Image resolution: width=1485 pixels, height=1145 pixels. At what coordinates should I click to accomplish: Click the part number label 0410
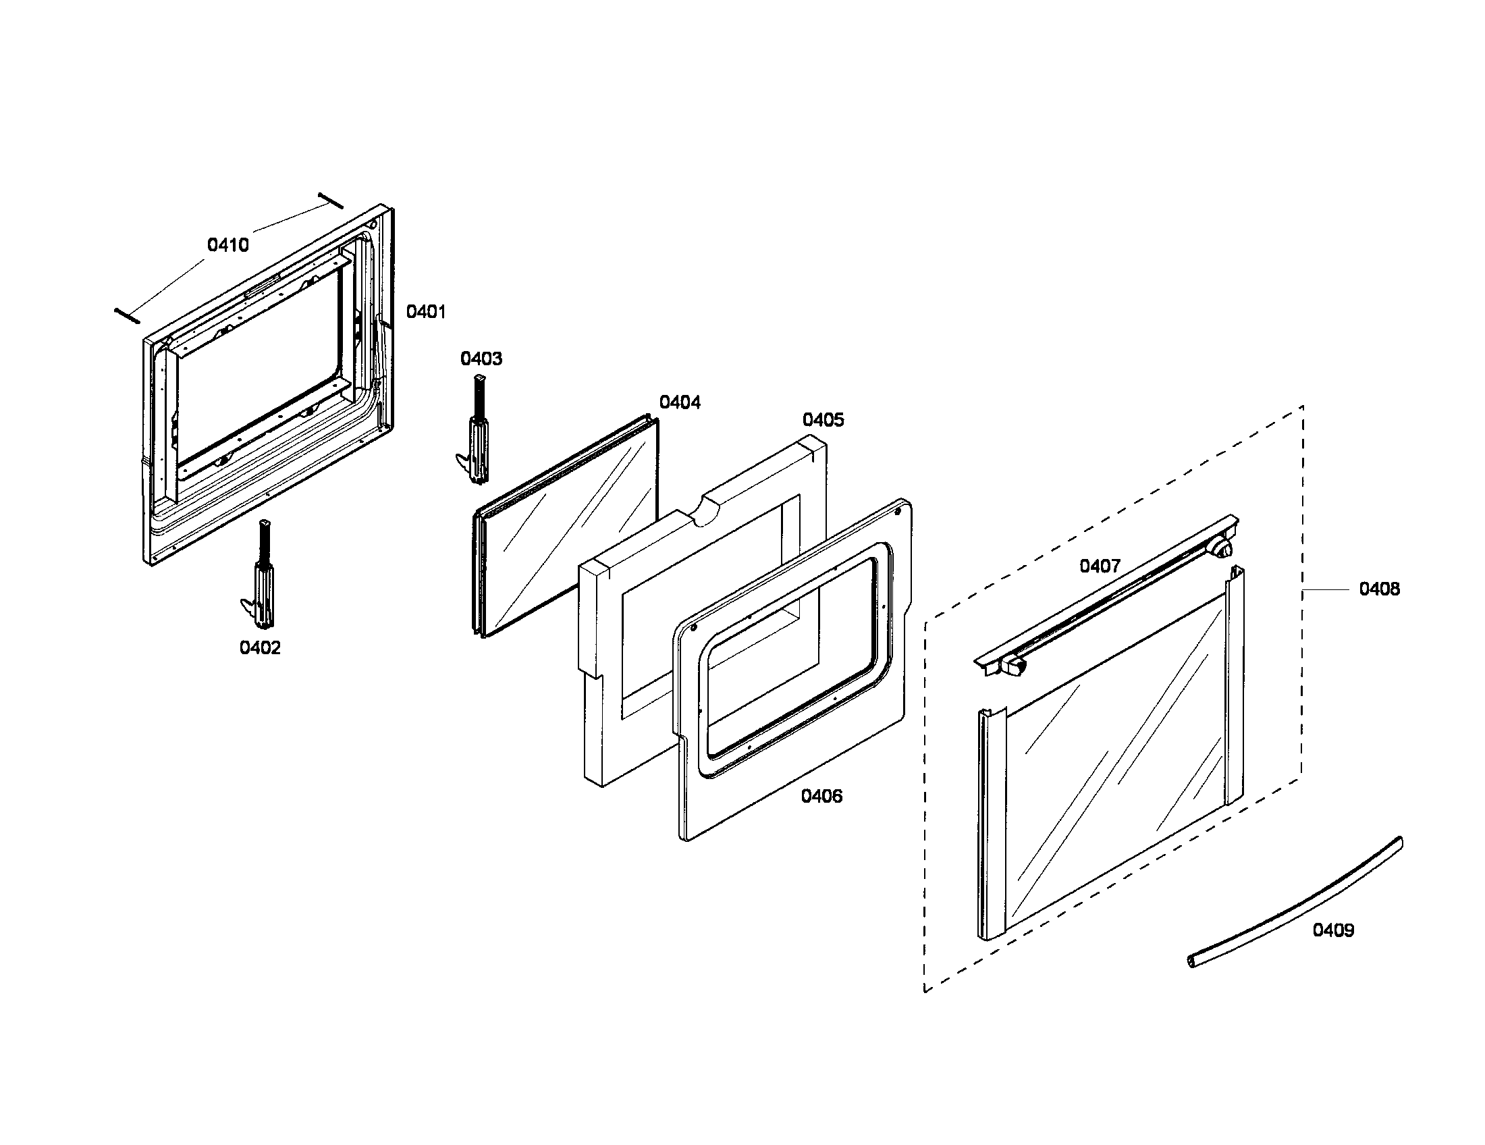(227, 246)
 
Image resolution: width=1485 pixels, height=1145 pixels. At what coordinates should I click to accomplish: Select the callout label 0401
(426, 312)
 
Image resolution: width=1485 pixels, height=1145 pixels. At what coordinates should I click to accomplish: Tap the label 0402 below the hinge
(260, 648)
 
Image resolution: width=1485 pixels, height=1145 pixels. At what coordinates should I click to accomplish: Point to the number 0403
(481, 359)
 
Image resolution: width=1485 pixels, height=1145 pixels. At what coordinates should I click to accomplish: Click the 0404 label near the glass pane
(680, 402)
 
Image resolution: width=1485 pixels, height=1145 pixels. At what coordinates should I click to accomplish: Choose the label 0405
(823, 420)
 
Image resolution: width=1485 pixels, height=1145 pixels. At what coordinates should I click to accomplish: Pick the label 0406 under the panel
(821, 796)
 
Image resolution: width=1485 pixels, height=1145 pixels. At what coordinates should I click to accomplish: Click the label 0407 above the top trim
(1100, 566)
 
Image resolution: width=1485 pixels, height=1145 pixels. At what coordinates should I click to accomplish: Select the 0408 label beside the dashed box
(1379, 589)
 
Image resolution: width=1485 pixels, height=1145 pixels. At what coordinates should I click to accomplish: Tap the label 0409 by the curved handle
(1332, 930)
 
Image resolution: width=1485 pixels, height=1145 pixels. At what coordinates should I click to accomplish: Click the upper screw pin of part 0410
(331, 201)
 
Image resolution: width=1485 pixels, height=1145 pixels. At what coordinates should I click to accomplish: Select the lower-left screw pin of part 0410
(127, 315)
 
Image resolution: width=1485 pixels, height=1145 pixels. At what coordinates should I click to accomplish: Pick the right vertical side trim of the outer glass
(1234, 687)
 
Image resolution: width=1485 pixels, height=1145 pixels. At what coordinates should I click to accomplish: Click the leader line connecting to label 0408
(1326, 589)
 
